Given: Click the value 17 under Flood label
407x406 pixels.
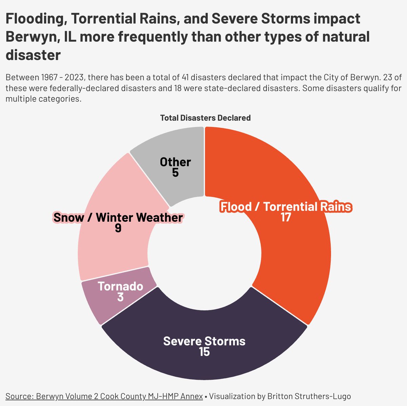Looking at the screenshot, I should [286, 218].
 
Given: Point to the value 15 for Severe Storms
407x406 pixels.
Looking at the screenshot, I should [204, 352].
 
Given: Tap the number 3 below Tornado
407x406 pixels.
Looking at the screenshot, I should [120, 297].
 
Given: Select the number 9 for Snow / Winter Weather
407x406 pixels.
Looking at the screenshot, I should [118, 228].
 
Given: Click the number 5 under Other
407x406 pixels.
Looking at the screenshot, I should [175, 173].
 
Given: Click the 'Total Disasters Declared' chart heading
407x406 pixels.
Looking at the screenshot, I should [205, 118].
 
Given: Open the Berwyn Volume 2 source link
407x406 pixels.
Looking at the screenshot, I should [104, 396].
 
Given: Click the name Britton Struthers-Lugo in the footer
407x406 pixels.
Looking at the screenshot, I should [309, 396].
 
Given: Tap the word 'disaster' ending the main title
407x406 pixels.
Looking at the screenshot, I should [33, 55].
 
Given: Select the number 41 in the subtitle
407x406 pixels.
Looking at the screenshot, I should [186, 77].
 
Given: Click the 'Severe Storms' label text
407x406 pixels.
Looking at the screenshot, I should [204, 341].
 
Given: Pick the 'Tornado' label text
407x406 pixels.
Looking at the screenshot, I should [120, 287].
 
